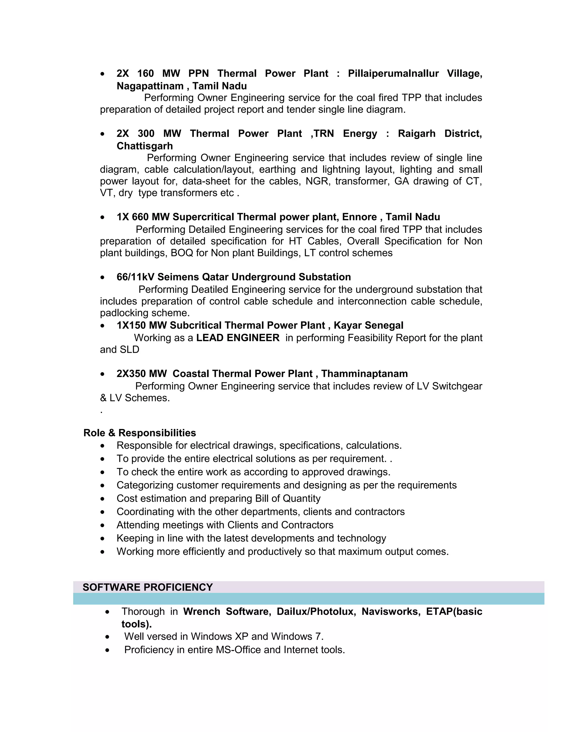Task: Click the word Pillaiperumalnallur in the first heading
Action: (393, 73)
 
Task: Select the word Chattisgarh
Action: (145, 146)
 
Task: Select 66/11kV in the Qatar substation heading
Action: (135, 277)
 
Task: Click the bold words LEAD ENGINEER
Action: (238, 338)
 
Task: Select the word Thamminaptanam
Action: (365, 374)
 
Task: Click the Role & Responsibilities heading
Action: (140, 433)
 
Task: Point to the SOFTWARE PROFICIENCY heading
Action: (148, 587)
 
